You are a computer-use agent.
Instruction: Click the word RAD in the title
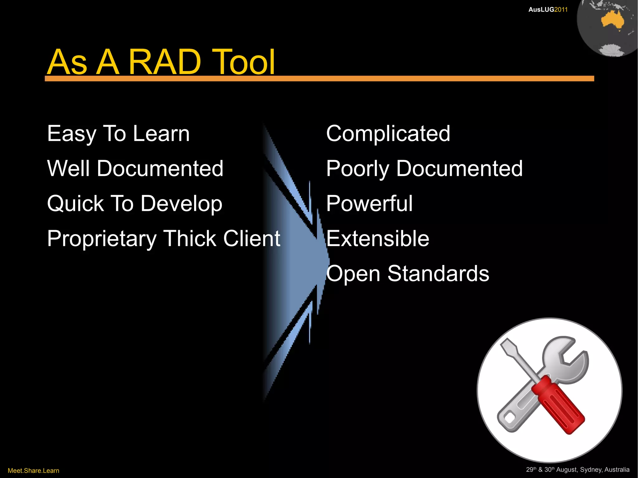tap(164, 62)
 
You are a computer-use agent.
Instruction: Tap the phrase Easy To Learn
tap(118, 134)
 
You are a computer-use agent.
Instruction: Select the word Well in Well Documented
tap(69, 168)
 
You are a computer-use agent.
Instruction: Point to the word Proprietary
tap(102, 239)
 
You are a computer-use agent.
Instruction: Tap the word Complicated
tap(388, 134)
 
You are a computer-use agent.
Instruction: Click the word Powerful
tap(369, 204)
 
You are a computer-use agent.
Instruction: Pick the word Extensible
tap(378, 239)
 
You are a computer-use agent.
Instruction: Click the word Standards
tap(438, 274)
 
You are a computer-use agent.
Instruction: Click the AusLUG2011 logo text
tap(548, 10)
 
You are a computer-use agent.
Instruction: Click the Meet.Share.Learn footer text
tap(33, 471)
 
